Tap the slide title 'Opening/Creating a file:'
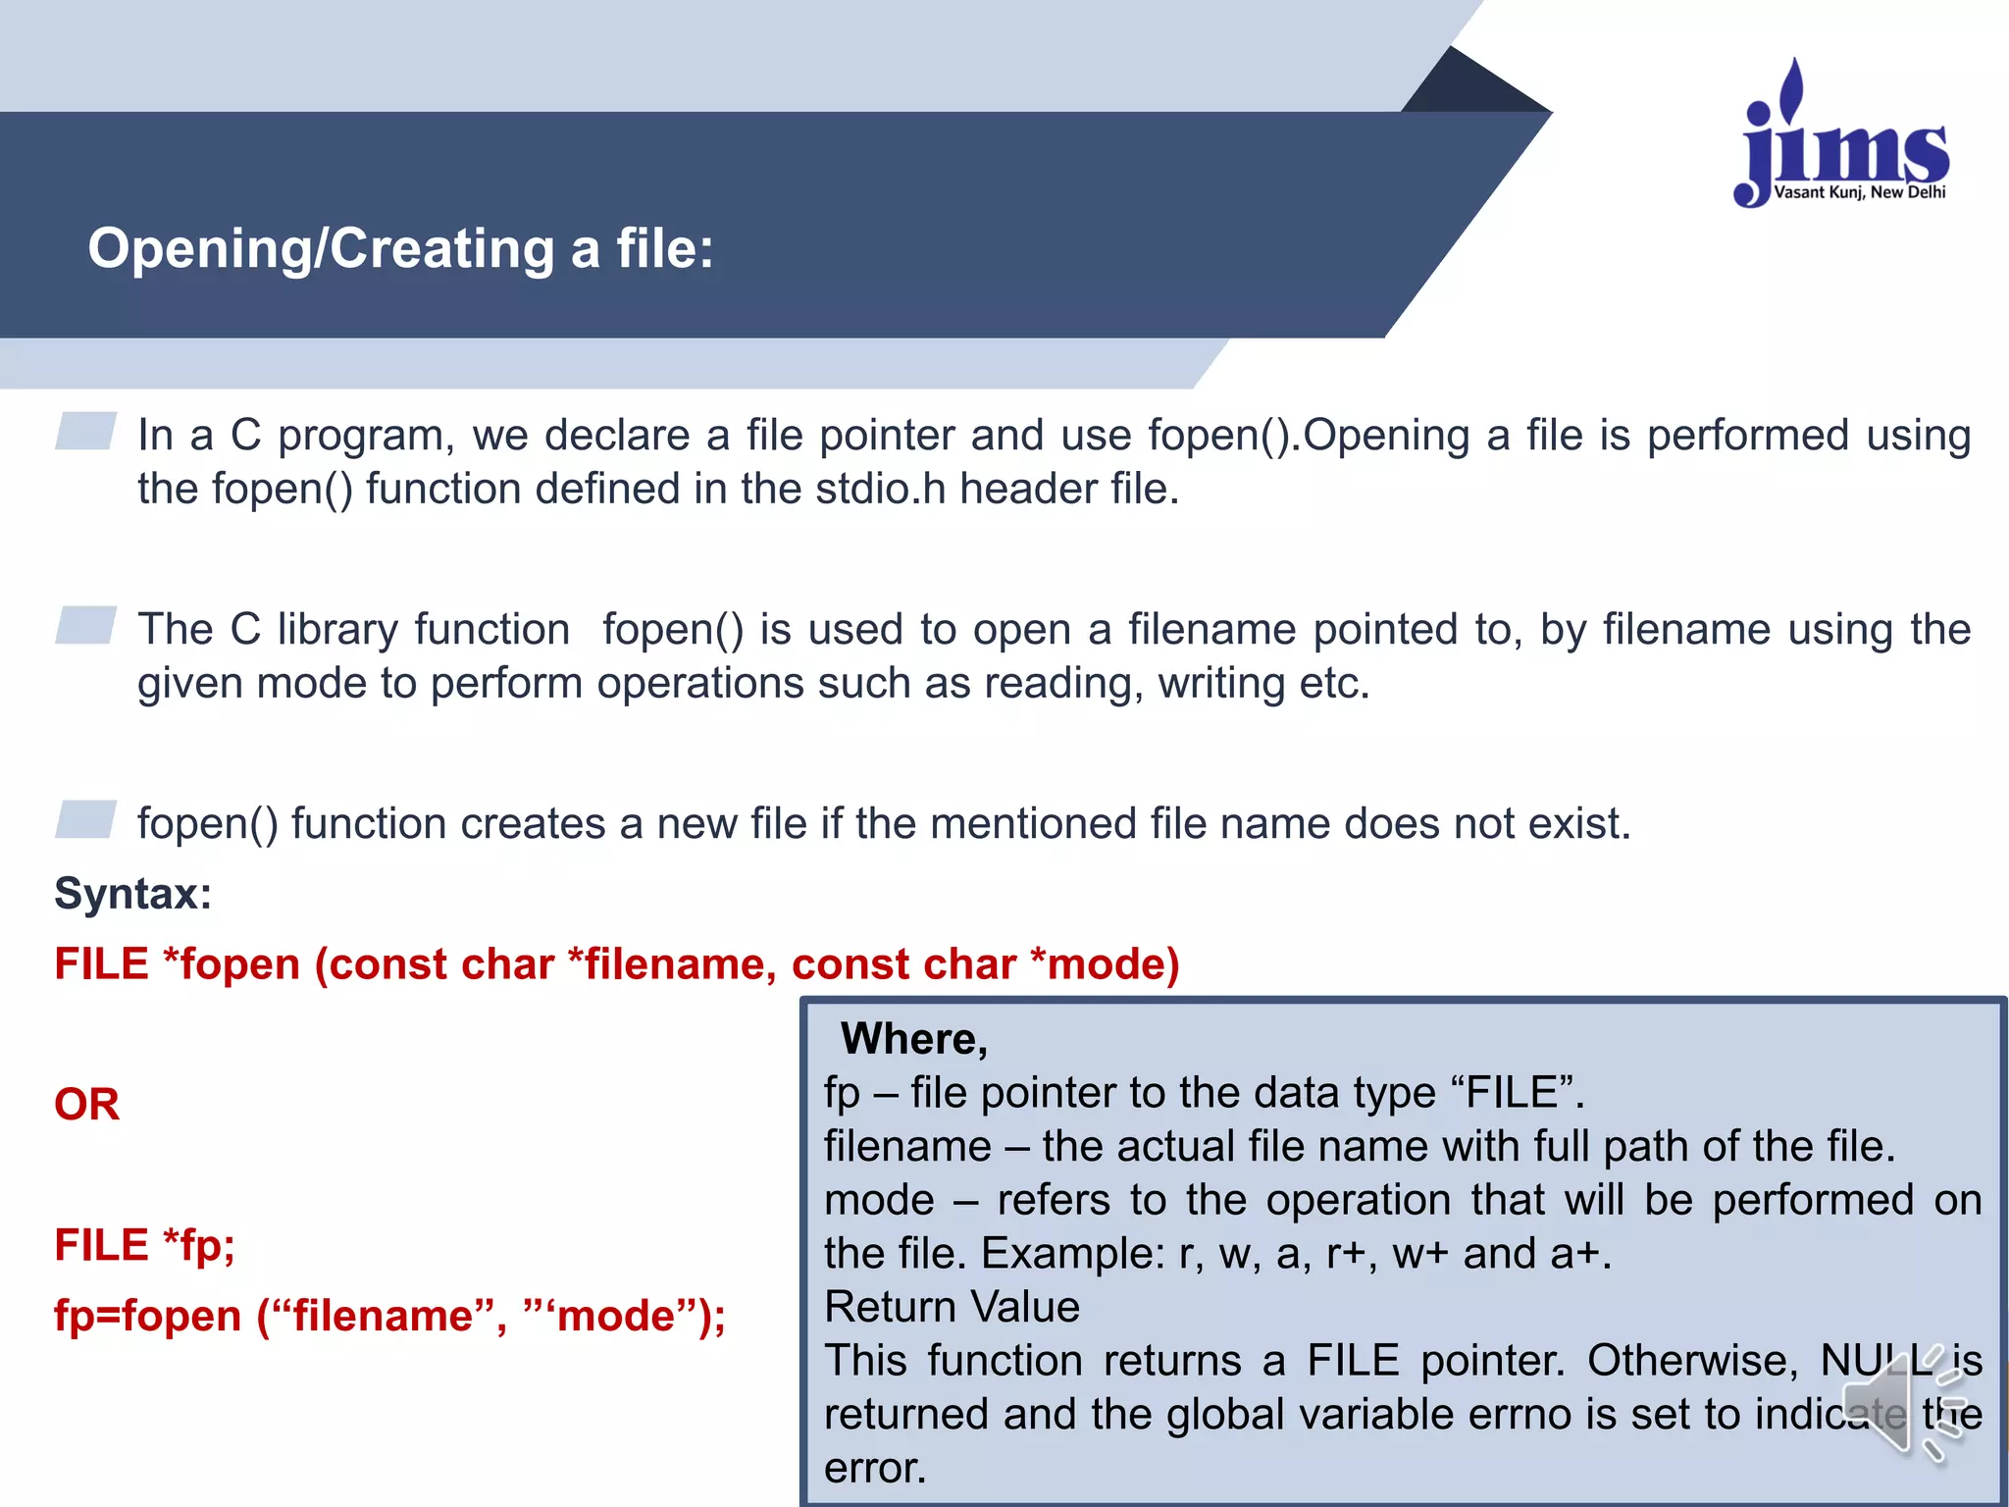point(400,248)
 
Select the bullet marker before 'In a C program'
point(85,431)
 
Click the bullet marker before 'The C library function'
point(85,625)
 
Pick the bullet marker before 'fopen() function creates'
point(85,819)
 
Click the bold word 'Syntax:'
point(132,894)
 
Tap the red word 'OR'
point(86,1105)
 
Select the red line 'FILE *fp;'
point(144,1245)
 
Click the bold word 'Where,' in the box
point(913,1039)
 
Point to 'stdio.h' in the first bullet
point(880,489)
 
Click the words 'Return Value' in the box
point(952,1307)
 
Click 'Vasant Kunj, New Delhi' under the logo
point(1859,192)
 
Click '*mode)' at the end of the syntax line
point(1105,964)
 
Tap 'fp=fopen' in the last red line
point(147,1316)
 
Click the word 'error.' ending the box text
point(875,1468)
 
